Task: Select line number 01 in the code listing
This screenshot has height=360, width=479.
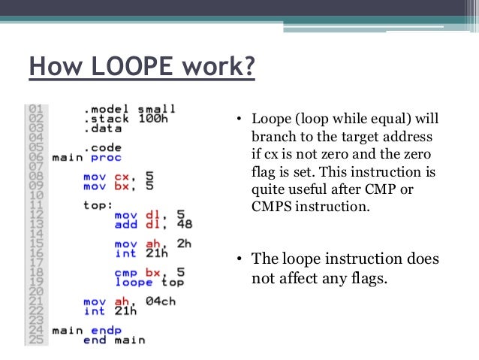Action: coord(35,110)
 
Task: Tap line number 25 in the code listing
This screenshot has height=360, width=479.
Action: coord(35,340)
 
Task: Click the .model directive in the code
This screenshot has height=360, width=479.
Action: coord(104,110)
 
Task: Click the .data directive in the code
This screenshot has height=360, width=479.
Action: coord(101,129)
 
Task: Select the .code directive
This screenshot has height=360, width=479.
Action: coord(101,148)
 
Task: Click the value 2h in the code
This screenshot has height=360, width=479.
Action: coord(185,244)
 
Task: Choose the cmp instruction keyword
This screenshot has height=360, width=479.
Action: coord(125,273)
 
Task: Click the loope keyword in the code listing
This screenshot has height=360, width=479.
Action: coord(132,283)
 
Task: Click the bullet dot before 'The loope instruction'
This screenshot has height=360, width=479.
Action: coord(238,260)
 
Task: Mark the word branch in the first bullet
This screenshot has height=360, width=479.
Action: coord(268,139)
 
